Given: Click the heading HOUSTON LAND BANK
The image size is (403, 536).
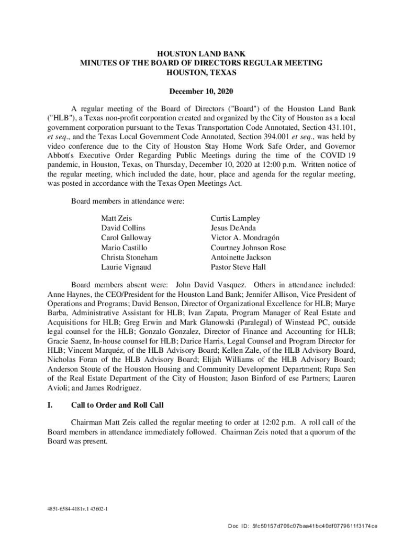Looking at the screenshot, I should pos(201,54).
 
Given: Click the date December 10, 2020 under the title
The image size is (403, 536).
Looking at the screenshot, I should pos(201,91).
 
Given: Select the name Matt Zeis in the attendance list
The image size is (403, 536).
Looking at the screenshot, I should pos(117,218).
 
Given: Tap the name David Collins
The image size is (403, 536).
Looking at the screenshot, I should pos(123,228).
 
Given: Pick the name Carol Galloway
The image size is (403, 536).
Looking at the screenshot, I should pos(126,238).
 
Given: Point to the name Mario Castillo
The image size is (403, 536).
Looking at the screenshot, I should pos(124,248).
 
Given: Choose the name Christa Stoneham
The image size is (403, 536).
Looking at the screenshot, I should pos(129,258).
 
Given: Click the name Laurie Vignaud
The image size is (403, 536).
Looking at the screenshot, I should pos(126,267).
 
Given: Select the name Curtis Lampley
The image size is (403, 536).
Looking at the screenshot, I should pos(235,218).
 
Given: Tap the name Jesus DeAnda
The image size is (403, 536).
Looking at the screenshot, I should pos(232,228).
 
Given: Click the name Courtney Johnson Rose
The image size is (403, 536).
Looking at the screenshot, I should pos(248,248).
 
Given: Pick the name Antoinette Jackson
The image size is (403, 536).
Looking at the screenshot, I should pos(241,258).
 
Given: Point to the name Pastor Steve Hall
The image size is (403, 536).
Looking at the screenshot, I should pos(238,267).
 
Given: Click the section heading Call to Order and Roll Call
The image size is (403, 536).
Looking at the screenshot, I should pos(117,405).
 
